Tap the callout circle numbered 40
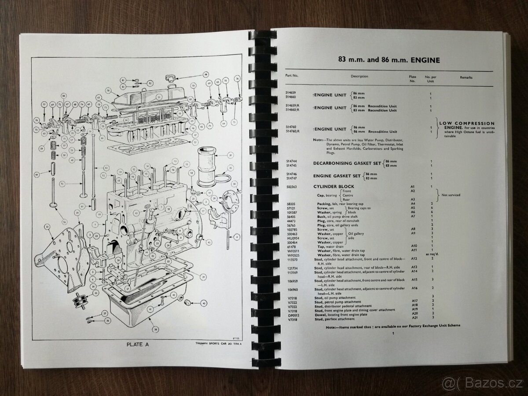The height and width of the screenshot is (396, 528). coord(203,303)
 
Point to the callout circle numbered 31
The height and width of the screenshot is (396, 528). coord(230,155)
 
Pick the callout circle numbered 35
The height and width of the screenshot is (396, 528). coord(95,293)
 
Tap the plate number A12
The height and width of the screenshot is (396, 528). coord(413,258)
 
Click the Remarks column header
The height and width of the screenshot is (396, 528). coord(466,77)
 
